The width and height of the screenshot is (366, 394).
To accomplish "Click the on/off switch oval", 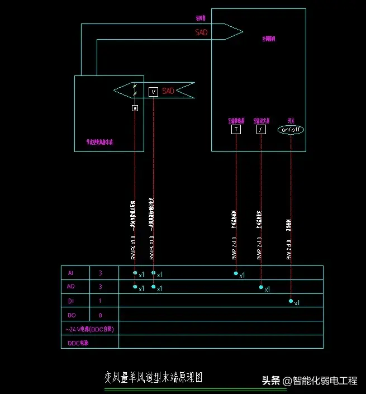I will click(x=291, y=130).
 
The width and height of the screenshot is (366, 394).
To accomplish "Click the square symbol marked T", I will click(x=236, y=130).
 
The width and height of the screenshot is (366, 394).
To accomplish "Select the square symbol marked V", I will click(x=153, y=92).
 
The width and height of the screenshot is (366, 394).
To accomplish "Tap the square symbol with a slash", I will click(x=260, y=130).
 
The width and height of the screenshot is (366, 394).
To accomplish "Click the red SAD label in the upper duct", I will click(x=201, y=32).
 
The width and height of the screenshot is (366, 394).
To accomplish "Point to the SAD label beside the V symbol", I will click(x=168, y=91).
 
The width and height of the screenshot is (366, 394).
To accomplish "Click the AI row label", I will click(x=70, y=273).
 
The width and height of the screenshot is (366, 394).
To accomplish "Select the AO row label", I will click(x=70, y=287).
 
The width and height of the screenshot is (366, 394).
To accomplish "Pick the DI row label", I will click(x=70, y=301).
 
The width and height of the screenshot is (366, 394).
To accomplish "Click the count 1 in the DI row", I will click(x=100, y=301).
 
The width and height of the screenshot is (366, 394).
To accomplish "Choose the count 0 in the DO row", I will click(x=100, y=315).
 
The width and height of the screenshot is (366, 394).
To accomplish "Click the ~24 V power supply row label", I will click(x=90, y=329).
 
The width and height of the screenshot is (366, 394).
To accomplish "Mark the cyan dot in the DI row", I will click(x=291, y=301).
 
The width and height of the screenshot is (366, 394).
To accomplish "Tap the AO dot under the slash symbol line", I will click(x=261, y=287).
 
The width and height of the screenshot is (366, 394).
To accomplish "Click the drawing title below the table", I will click(x=153, y=378).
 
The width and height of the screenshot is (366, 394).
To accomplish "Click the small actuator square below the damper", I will click(x=135, y=108).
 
